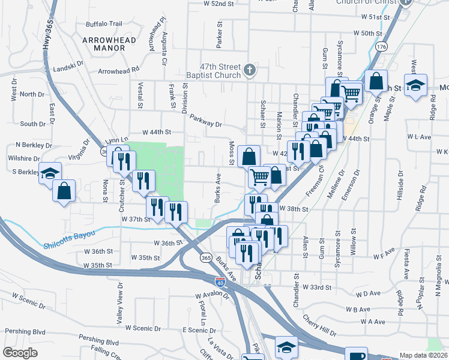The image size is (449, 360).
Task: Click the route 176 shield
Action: click(381, 46)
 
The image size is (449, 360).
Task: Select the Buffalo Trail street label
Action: click(104, 24)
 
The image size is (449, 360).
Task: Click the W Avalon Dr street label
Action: click(212, 295)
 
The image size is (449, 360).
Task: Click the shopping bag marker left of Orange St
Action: click(376, 80)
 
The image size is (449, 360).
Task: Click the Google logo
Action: click(20, 353)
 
